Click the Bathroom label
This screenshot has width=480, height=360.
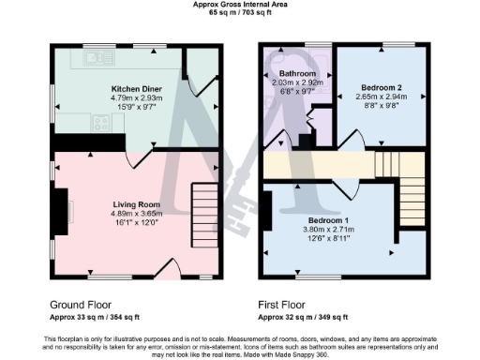tap(297, 73)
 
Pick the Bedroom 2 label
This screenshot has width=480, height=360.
tap(382, 86)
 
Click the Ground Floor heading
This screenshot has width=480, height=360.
tap(81, 305)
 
